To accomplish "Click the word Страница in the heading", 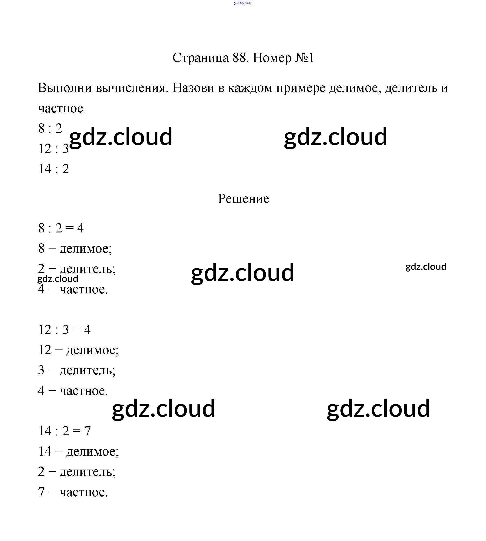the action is click(200, 58).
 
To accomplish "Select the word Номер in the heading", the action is click(272, 58).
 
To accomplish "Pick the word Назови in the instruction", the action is click(193, 88).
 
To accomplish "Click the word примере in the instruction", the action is click(301, 88).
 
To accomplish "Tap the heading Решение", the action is click(243, 198).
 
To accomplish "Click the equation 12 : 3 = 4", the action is click(64, 329).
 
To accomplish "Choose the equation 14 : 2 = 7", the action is click(64, 431).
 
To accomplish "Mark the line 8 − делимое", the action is click(75, 249).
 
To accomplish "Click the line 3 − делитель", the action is click(77, 370).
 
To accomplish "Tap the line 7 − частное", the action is click(73, 492).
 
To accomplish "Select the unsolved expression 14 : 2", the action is click(54, 169).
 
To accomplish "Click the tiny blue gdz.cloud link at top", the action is click(243, 3).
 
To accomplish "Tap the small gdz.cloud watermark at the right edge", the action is click(426, 267).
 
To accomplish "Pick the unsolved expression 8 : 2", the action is click(50, 128).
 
